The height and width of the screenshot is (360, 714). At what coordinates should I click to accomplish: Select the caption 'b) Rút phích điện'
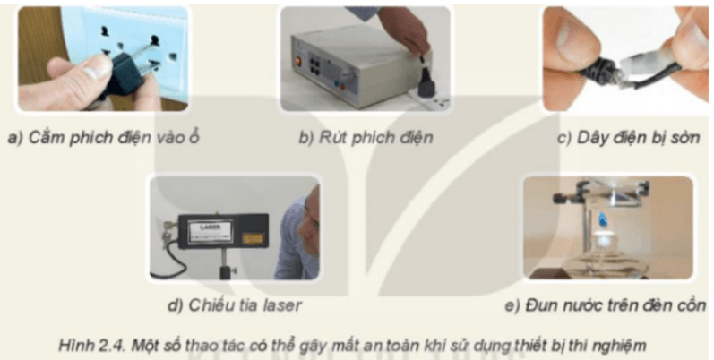(x=366, y=139)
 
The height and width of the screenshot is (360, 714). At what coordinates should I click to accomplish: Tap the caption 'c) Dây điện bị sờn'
(x=627, y=139)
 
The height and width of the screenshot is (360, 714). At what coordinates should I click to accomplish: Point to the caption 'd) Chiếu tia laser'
(x=235, y=304)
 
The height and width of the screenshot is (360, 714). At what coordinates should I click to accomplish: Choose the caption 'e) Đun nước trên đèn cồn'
(x=606, y=305)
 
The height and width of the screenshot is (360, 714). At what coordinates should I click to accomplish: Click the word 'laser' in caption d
(x=282, y=304)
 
